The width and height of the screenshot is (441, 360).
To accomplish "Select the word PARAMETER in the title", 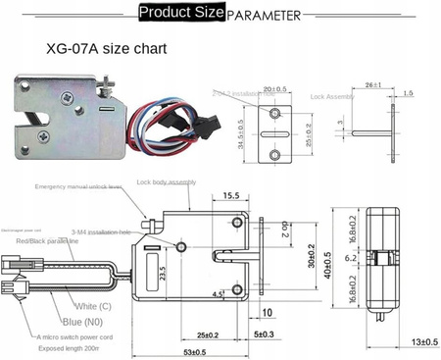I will pyautogui.click(x=264, y=16).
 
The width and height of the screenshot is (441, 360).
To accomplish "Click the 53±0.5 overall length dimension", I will pyautogui.click(x=195, y=352).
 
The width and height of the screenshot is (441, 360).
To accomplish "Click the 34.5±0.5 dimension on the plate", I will pyautogui.click(x=240, y=130).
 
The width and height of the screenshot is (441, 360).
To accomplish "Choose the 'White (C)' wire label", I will pyautogui.click(x=94, y=306).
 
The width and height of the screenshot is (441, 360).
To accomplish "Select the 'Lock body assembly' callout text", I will pyautogui.click(x=167, y=181).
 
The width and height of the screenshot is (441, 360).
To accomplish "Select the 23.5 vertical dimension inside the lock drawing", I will pyautogui.click(x=177, y=264).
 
